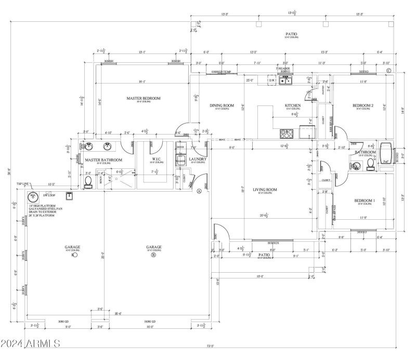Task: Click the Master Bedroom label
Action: tap(144, 98)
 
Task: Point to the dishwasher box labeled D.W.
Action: tap(271, 81)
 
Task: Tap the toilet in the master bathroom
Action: tap(88, 180)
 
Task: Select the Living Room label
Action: tap(265, 190)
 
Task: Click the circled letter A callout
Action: tap(199, 191)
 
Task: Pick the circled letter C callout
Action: tap(388, 70)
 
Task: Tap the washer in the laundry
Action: tap(180, 162)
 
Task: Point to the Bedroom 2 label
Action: tap(364, 106)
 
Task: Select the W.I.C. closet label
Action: tap(158, 159)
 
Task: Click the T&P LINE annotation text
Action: tap(23, 184)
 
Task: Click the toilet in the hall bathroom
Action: tap(370, 164)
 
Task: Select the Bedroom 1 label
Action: tap(364, 201)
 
